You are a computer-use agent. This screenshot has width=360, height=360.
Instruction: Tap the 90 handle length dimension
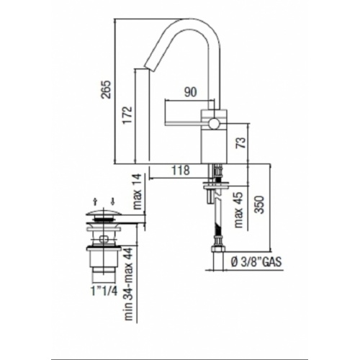click(190, 91)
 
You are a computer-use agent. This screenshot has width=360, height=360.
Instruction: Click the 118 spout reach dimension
click(181, 171)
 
